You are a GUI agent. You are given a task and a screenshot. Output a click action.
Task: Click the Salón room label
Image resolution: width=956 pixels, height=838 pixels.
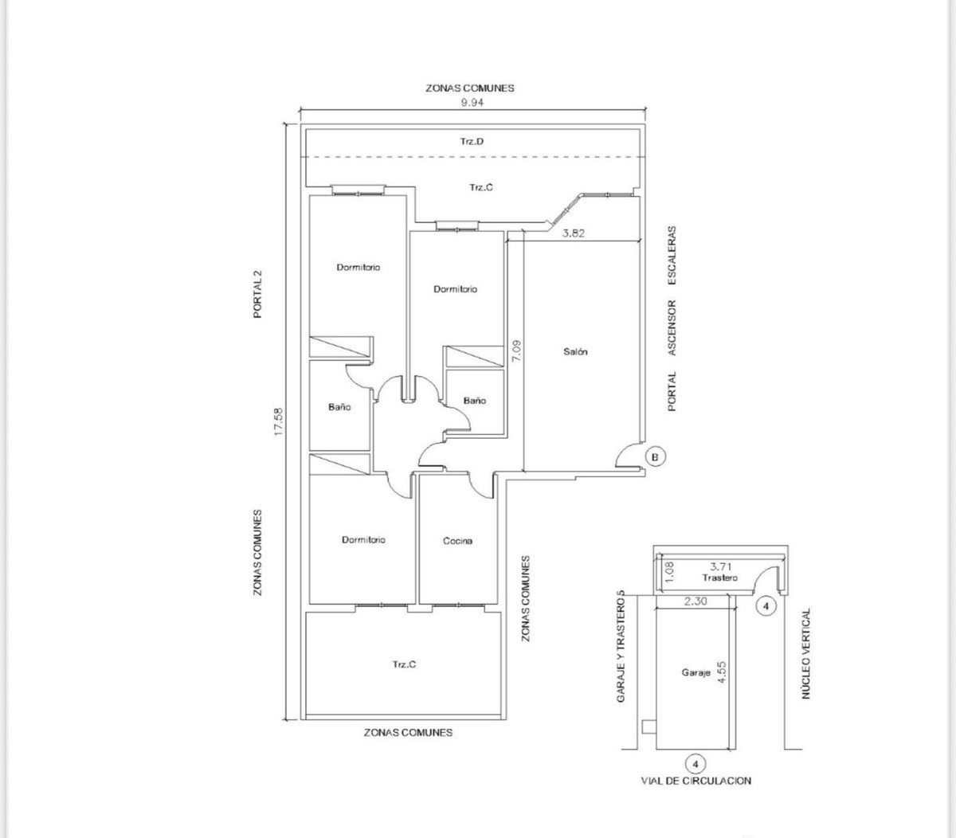click(575, 351)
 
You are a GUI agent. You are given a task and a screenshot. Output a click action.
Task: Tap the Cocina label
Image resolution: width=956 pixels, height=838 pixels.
click(457, 541)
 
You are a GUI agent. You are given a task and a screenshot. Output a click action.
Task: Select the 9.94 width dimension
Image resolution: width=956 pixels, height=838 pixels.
click(472, 103)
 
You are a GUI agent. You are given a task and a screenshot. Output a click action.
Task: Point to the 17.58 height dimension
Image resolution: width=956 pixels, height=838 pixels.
click(279, 421)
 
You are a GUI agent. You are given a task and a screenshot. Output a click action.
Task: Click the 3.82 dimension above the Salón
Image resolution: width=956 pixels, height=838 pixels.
click(574, 233)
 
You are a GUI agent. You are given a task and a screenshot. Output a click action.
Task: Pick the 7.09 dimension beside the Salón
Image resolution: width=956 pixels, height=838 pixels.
click(516, 351)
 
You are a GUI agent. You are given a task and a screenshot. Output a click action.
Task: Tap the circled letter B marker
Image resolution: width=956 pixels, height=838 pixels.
click(655, 456)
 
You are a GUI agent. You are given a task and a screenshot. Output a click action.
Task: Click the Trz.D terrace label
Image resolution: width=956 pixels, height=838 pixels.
click(472, 141)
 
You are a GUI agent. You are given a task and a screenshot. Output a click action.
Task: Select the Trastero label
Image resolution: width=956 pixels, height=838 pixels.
click(719, 578)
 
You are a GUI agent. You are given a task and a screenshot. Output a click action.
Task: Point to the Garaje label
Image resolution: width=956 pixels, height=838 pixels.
click(695, 673)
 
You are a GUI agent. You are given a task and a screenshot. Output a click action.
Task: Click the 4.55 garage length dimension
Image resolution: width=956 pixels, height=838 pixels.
click(722, 673)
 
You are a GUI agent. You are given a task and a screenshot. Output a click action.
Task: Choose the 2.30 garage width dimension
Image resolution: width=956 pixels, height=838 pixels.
click(695, 601)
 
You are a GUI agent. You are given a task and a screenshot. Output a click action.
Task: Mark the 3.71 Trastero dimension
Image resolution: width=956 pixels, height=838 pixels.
click(721, 566)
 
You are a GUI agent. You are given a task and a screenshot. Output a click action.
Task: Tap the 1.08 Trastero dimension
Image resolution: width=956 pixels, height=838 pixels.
click(669, 572)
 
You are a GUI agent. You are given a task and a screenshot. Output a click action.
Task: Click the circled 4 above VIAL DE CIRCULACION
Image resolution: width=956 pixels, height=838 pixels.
click(695, 764)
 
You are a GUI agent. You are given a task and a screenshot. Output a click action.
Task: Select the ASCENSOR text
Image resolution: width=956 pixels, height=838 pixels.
click(672, 327)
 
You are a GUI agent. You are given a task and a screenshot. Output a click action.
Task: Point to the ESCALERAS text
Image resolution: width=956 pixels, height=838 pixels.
click(672, 255)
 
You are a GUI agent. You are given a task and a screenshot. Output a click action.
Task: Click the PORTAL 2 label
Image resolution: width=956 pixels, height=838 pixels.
click(257, 295)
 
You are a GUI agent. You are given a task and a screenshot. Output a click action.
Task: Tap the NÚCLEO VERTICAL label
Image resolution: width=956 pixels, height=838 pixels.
click(805, 653)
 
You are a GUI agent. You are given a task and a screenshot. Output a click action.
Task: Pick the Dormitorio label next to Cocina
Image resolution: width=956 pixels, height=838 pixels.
click(363, 540)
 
